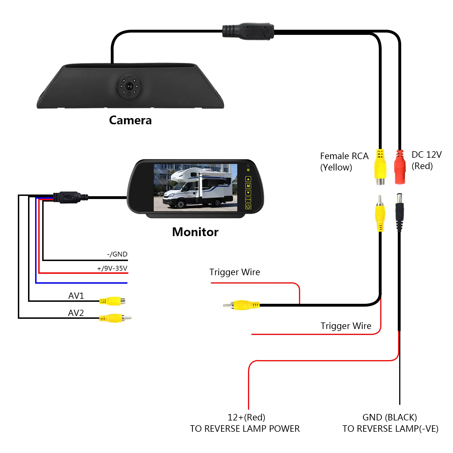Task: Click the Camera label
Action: tap(130, 120)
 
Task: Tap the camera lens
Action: tap(129, 86)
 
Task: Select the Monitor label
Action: tap(195, 232)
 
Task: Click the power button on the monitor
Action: tap(248, 206)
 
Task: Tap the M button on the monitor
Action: tap(248, 186)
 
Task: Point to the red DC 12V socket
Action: tap(400, 167)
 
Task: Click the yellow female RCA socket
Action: tap(380, 167)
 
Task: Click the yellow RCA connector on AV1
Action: tap(112, 301)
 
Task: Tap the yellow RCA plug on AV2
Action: tap(115, 318)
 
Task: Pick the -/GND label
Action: tap(117, 254)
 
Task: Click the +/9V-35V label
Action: tap(112, 268)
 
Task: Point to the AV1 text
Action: tap(76, 296)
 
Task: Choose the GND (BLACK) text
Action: tap(390, 417)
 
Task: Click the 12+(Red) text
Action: tap(246, 417)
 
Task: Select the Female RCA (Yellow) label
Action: tap(344, 162)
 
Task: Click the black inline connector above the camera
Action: tap(248, 31)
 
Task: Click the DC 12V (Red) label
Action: tap(427, 160)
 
